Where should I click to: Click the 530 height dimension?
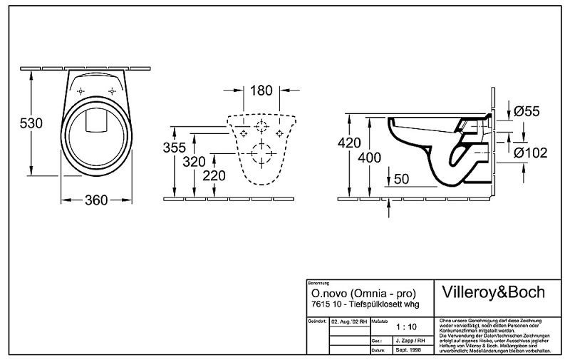tap(31, 123)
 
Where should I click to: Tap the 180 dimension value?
tap(261, 91)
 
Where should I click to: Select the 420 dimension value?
tap(349, 143)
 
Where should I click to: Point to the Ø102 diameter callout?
tap(530, 151)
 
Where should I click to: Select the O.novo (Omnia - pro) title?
tap(363, 293)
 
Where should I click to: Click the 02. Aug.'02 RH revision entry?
tap(349, 322)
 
